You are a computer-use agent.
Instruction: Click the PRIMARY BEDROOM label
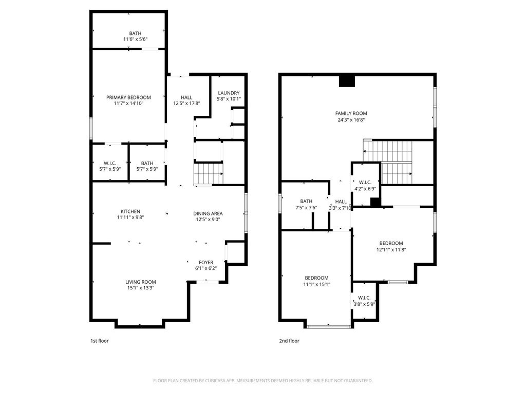point(128,97)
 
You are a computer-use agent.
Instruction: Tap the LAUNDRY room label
point(229,93)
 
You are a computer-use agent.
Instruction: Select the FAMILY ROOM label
point(351,113)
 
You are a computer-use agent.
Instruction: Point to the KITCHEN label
point(130,211)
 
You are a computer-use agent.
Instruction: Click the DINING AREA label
point(208,213)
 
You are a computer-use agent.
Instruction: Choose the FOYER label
point(206,262)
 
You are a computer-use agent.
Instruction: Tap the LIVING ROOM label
point(141,282)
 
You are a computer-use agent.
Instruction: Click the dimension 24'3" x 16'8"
point(351,120)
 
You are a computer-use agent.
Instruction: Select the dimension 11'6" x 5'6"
point(136,39)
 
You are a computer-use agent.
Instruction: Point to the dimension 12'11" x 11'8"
point(391,249)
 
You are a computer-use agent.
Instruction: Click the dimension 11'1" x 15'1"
point(316,284)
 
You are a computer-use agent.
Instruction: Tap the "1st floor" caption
point(100,341)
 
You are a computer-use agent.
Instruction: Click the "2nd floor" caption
point(289,341)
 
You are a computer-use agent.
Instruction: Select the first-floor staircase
point(209,173)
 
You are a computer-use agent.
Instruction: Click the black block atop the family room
point(347,81)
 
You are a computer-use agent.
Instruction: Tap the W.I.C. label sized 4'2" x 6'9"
point(365,182)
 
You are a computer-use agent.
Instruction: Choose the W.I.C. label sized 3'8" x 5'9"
point(364,298)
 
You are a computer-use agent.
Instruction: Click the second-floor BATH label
point(306,201)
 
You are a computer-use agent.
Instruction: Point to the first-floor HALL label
point(186,97)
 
